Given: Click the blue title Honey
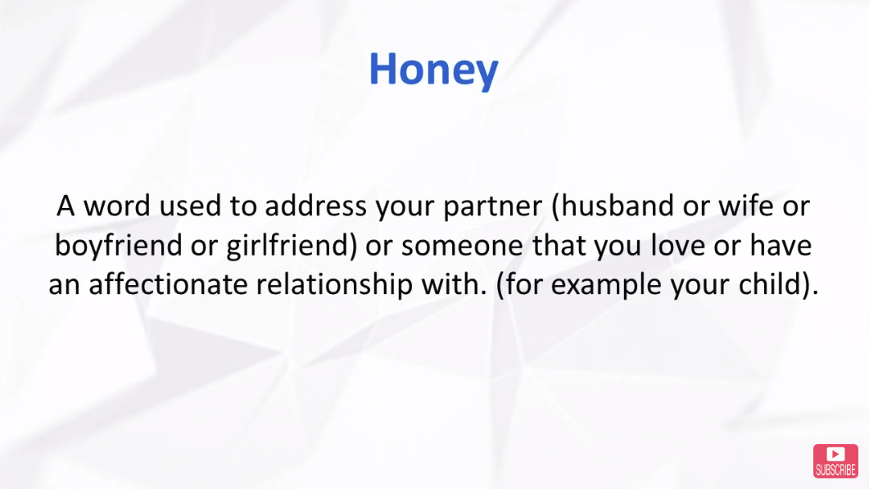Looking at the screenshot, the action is [433, 70].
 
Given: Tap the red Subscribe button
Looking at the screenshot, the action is [835, 460].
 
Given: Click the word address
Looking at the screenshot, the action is [315, 206].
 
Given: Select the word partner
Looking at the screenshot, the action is [492, 207].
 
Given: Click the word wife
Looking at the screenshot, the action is [746, 205].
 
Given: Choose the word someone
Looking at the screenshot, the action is [462, 247].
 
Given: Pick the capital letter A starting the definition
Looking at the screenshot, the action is [66, 206].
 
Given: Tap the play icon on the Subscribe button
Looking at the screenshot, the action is [835, 455].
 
